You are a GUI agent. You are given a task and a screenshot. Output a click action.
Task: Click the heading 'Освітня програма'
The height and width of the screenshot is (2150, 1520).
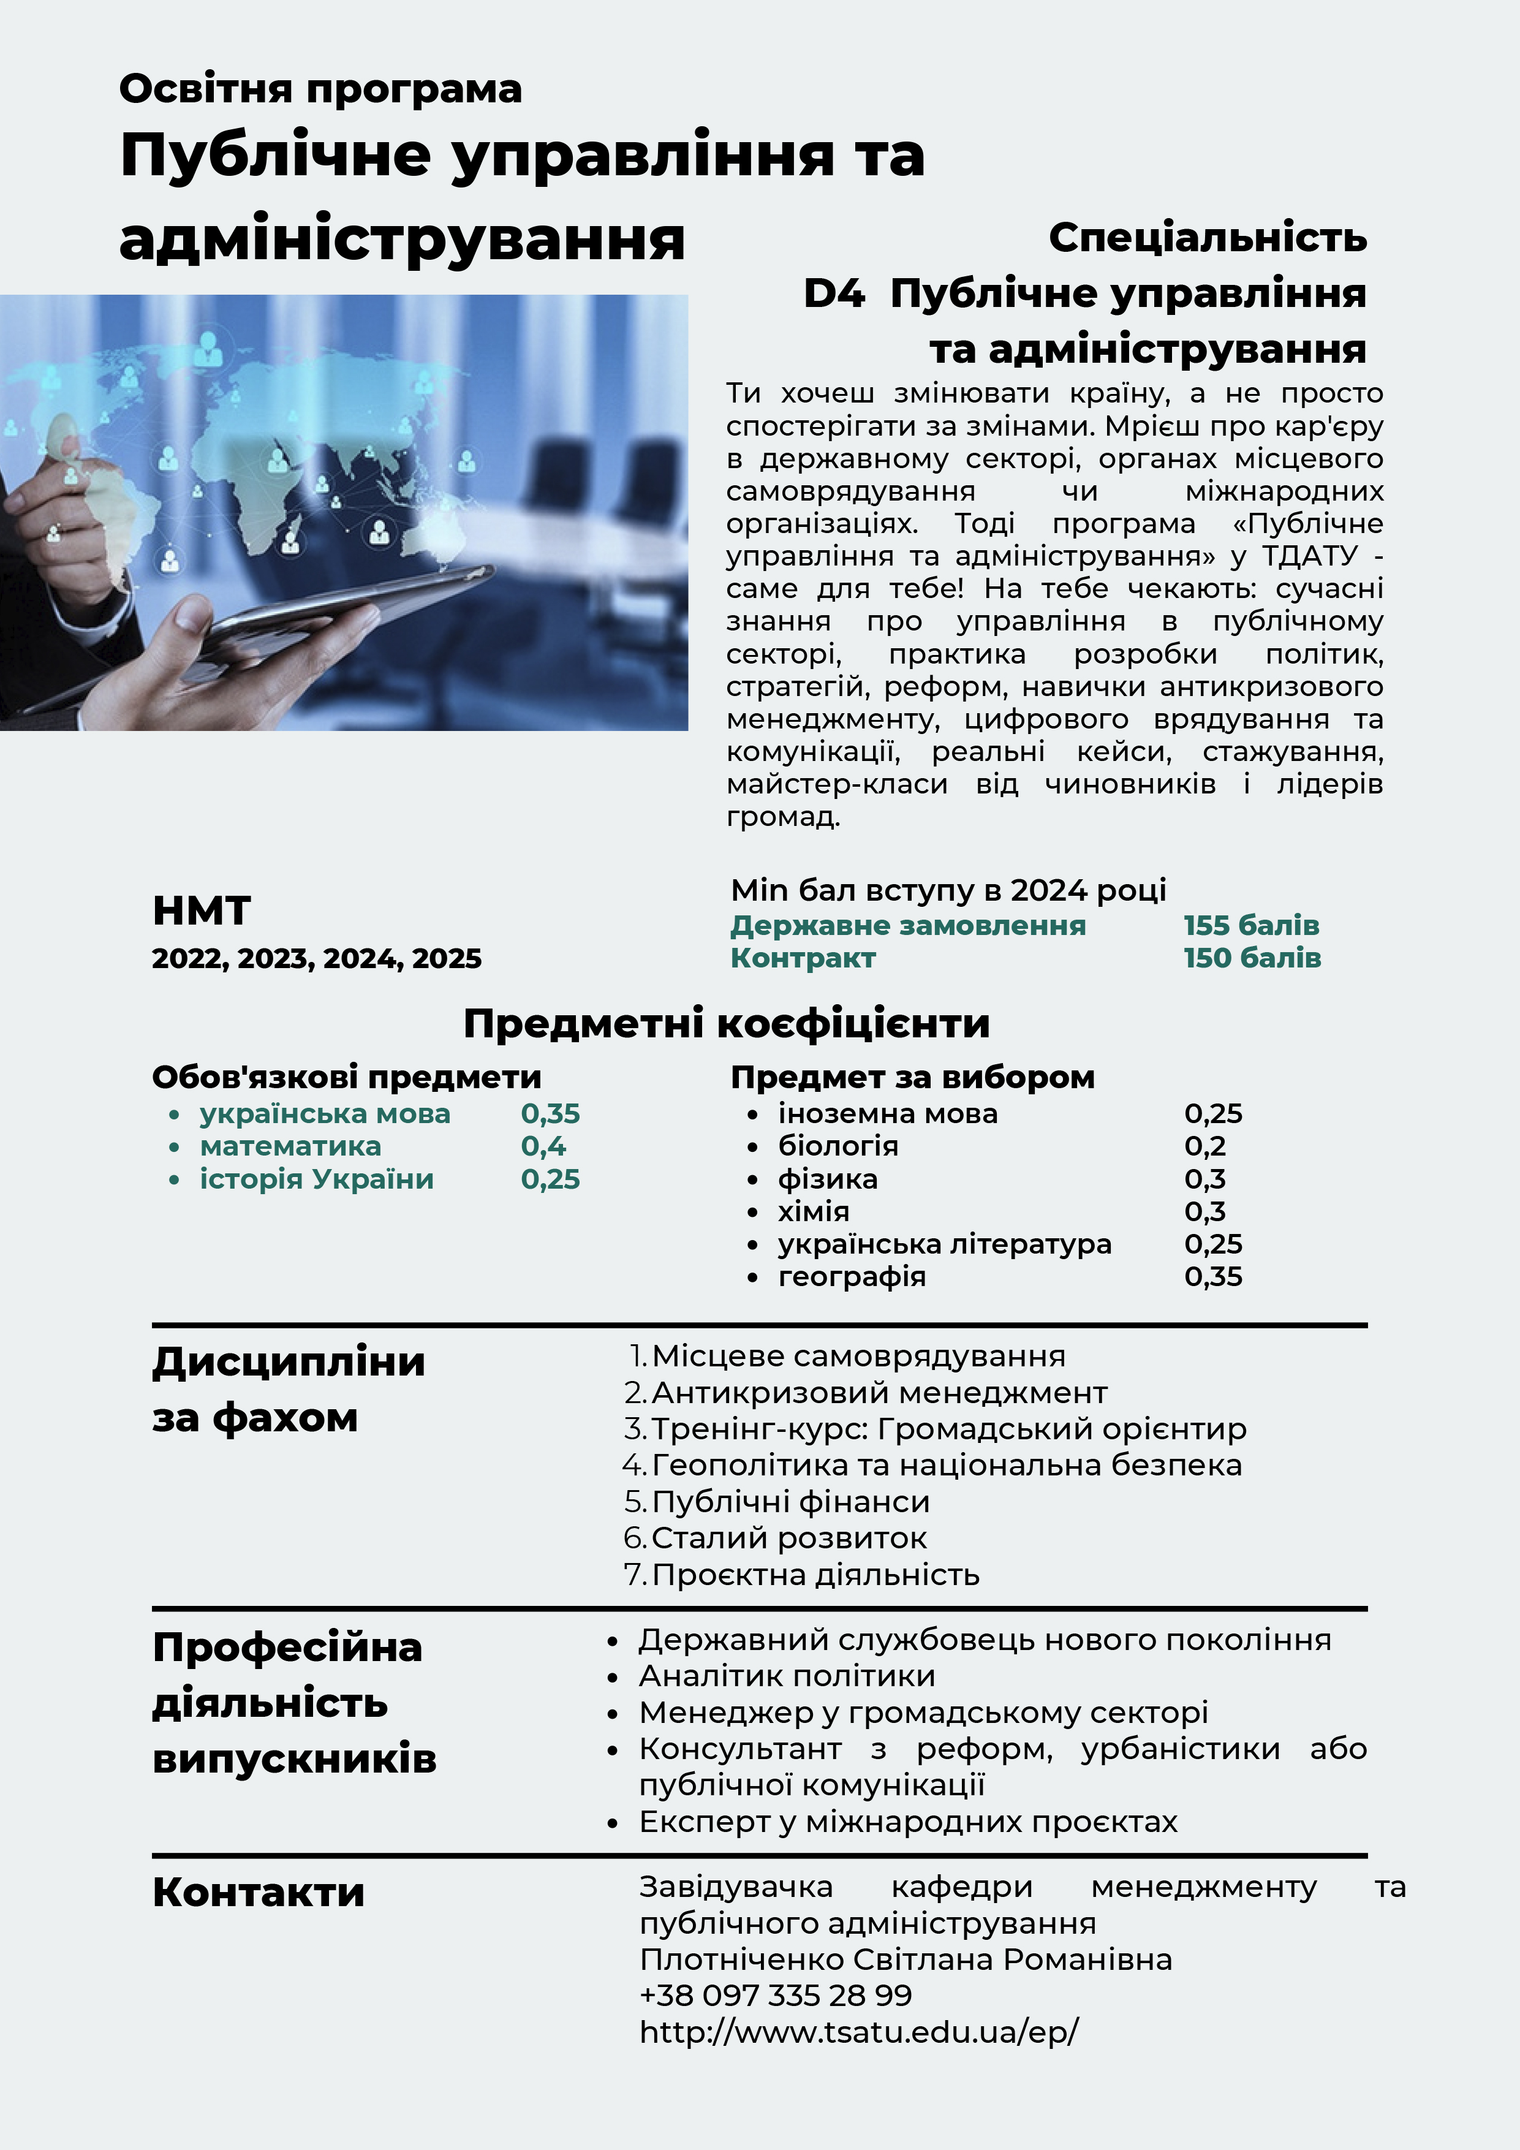tap(320, 89)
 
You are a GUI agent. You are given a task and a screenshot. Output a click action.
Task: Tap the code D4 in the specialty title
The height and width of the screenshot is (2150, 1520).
tap(833, 294)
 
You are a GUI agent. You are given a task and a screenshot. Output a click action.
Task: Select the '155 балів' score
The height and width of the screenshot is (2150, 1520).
tap(1251, 925)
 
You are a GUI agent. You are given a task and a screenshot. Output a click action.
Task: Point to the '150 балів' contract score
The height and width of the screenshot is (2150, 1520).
tap(1252, 958)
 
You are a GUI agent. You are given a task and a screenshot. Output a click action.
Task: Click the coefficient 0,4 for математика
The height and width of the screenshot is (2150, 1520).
tap(543, 1146)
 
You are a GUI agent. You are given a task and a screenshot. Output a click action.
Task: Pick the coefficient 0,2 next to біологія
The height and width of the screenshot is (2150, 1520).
tap(1204, 1146)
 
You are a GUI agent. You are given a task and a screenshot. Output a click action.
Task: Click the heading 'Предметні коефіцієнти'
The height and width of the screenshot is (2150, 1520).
tap(726, 1023)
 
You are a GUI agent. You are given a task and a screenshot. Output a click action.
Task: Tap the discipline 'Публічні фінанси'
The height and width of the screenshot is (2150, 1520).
tap(790, 1501)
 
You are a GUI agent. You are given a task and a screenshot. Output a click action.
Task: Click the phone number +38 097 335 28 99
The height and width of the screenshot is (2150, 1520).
tap(776, 1996)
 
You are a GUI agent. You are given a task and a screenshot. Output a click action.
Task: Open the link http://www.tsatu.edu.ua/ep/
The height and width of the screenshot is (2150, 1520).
tap(859, 2032)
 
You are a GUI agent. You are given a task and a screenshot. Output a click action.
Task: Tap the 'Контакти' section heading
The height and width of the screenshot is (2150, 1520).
tap(259, 1891)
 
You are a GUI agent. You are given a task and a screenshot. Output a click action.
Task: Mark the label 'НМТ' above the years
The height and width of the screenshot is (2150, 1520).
tap(202, 910)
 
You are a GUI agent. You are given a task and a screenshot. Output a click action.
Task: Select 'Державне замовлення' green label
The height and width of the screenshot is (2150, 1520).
tap(907, 925)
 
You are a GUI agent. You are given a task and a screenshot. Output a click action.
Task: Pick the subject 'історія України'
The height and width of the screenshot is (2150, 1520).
tap(317, 1179)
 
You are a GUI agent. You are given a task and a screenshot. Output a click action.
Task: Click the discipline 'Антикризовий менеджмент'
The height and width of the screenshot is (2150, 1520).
tap(879, 1393)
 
